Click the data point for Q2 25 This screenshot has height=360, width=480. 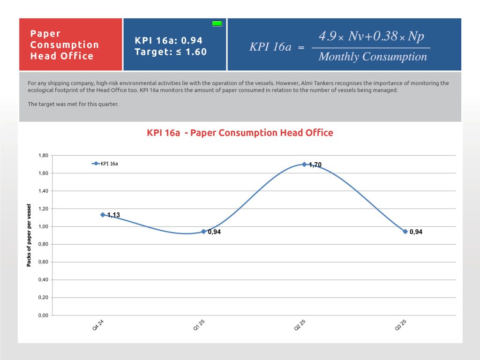[x=304, y=165]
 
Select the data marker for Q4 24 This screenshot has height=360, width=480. [x=103, y=215]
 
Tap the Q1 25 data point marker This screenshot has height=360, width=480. [x=203, y=232]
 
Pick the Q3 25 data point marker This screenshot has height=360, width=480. [x=405, y=232]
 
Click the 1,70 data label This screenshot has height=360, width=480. [x=315, y=165]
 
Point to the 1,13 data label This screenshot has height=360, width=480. [x=113, y=215]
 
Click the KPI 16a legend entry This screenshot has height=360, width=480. [x=105, y=164]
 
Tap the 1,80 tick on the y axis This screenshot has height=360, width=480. [x=43, y=156]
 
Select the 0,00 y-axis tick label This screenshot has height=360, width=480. [x=43, y=315]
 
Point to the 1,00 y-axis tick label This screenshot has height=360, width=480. [x=43, y=226]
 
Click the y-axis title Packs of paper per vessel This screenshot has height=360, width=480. [x=29, y=235]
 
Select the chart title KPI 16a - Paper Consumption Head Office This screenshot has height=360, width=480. [x=240, y=133]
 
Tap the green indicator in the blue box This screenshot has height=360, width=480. [x=217, y=23]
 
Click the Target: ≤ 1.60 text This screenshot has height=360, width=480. [x=171, y=52]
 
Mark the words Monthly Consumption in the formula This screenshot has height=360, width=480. [x=373, y=57]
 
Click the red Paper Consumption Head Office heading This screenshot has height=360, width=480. [x=65, y=45]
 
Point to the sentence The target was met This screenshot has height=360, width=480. [x=73, y=104]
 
